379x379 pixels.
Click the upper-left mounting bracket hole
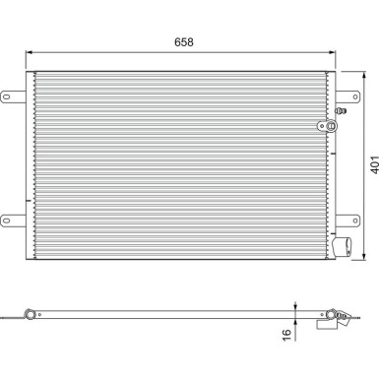(10, 95)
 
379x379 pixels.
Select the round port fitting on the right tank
(319, 125)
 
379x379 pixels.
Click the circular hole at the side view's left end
(30, 316)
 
